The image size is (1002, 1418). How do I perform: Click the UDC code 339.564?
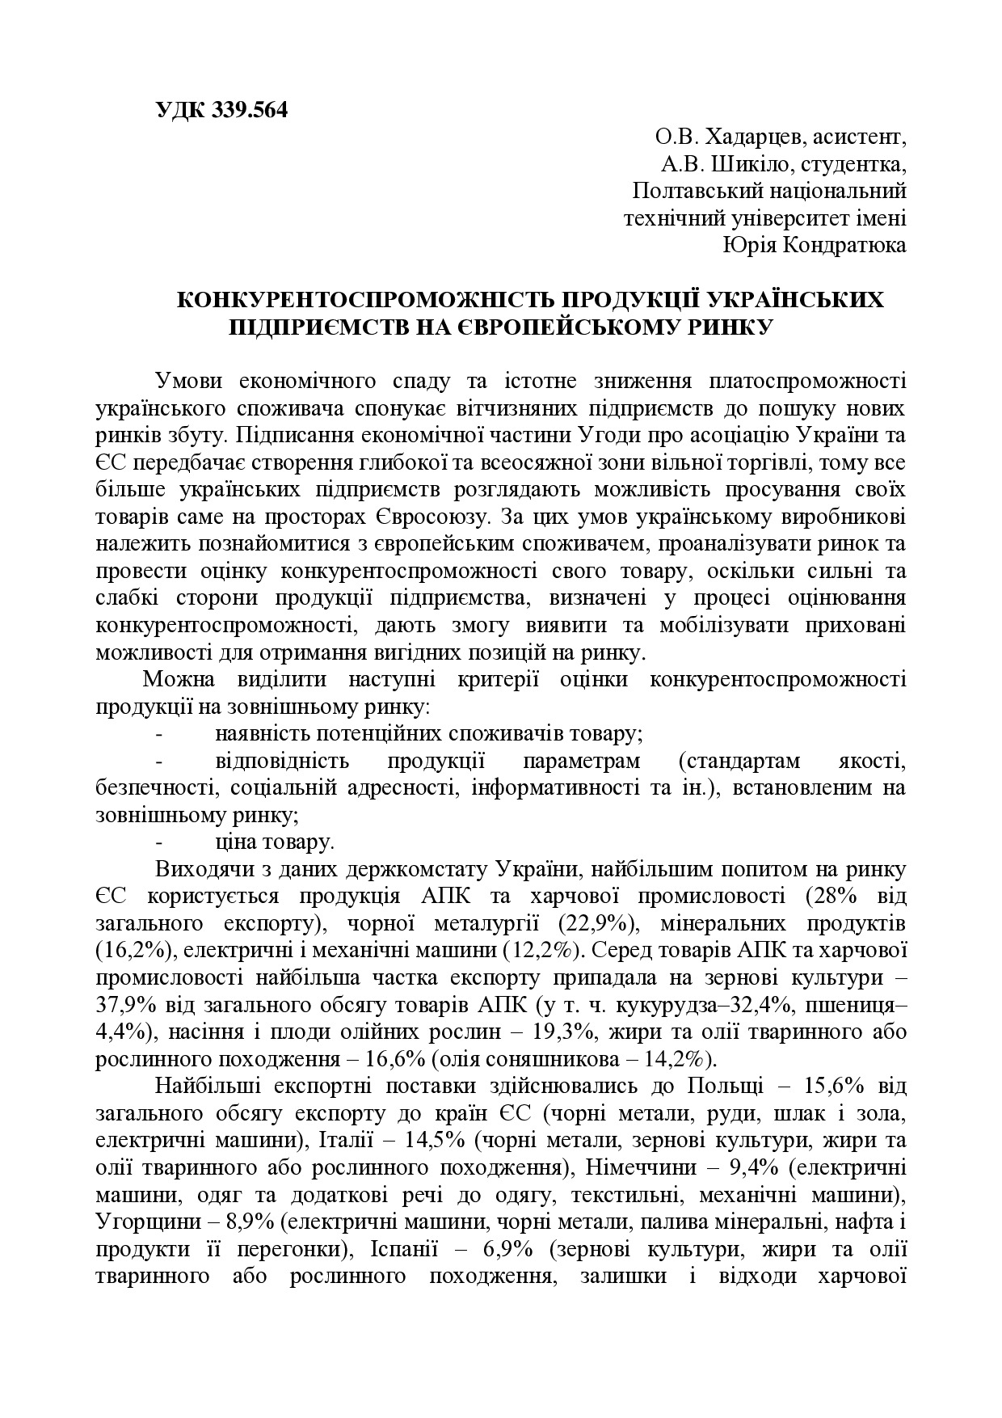[249, 111]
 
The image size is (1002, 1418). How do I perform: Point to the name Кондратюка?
[845, 244]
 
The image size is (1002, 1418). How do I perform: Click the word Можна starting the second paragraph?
[179, 678]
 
